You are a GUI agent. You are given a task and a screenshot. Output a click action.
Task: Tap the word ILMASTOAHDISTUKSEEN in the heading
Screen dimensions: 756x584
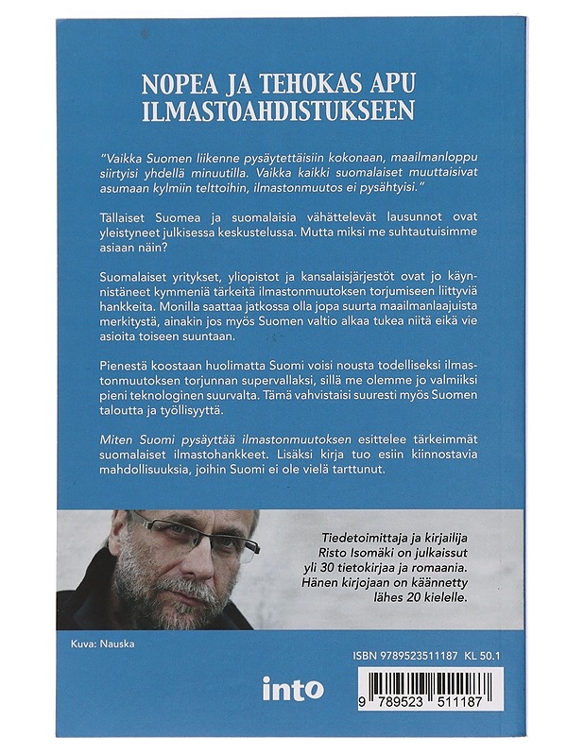click(278, 109)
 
